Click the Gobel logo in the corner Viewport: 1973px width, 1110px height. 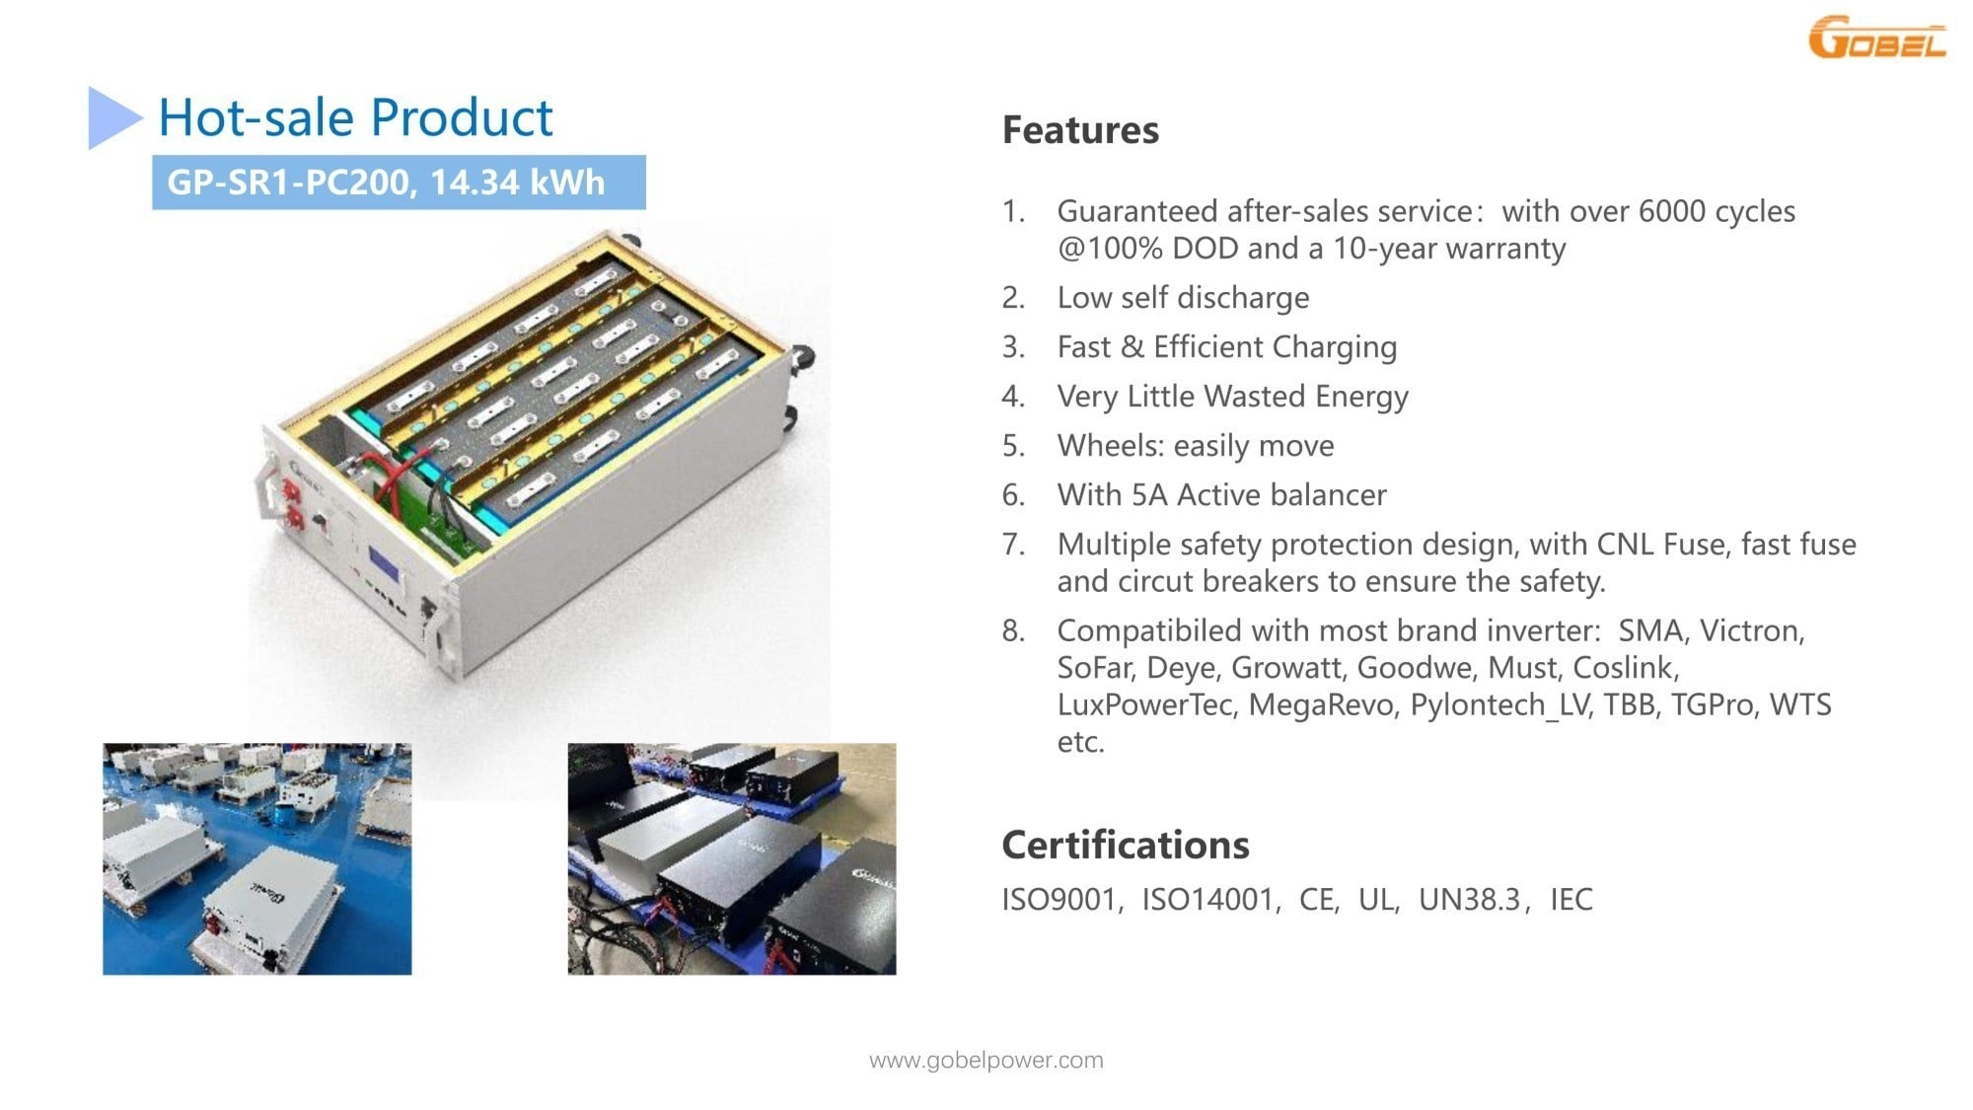(x=1876, y=37)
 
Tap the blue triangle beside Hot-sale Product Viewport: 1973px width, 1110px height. (x=114, y=117)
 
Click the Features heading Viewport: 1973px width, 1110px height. (x=1080, y=130)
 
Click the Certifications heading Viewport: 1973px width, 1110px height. (x=1126, y=846)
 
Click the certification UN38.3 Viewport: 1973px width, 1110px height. (x=1470, y=900)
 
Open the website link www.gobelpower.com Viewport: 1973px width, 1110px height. (x=986, y=1061)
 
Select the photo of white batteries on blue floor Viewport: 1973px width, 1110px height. (x=257, y=859)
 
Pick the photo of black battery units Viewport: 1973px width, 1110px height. (x=732, y=859)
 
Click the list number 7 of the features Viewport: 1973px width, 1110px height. (x=1013, y=545)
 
